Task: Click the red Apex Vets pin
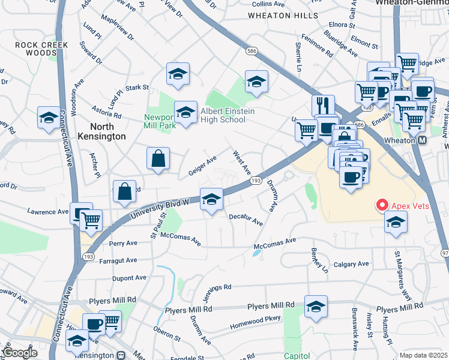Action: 381,205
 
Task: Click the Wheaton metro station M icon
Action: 422,140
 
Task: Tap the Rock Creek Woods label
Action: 42,49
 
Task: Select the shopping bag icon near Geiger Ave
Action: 158,159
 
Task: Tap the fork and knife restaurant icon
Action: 324,105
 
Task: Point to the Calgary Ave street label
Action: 351,264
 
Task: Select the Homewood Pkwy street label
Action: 256,327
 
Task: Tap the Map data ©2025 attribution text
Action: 423,355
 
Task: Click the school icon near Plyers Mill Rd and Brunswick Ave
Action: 316,307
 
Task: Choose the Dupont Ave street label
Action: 129,278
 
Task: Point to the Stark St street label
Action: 137,88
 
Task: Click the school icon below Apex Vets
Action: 396,223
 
